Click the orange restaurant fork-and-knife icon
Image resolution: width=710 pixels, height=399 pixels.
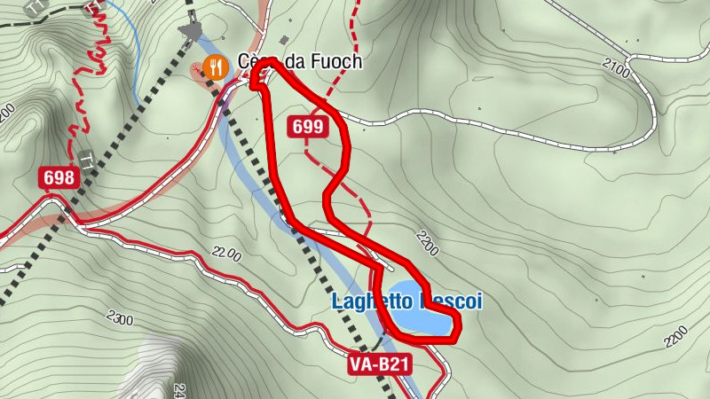click(214, 66)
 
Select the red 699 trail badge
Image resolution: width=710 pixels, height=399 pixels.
click(307, 128)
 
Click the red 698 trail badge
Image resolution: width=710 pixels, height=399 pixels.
click(59, 178)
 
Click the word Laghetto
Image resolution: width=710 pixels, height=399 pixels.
click(364, 301)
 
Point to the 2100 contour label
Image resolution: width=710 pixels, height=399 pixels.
click(615, 66)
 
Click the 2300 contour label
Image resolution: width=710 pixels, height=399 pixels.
click(118, 317)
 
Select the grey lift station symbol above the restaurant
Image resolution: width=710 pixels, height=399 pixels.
click(191, 30)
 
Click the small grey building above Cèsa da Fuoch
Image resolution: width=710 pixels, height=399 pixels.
click(284, 41)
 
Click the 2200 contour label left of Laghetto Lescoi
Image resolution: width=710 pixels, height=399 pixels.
click(226, 255)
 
